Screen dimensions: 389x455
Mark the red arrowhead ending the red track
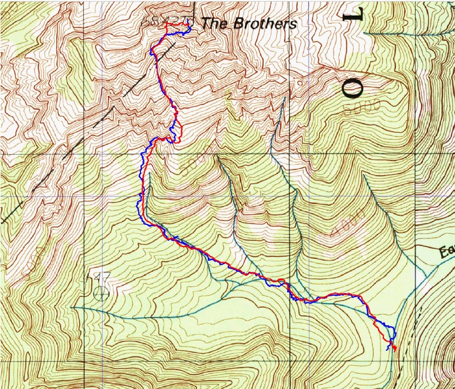click(393, 349)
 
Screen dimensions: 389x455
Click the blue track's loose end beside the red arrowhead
click(389, 350)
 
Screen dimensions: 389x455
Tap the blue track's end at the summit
click(188, 21)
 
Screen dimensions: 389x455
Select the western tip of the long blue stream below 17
click(73, 308)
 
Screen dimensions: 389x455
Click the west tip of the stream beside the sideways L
click(364, 33)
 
